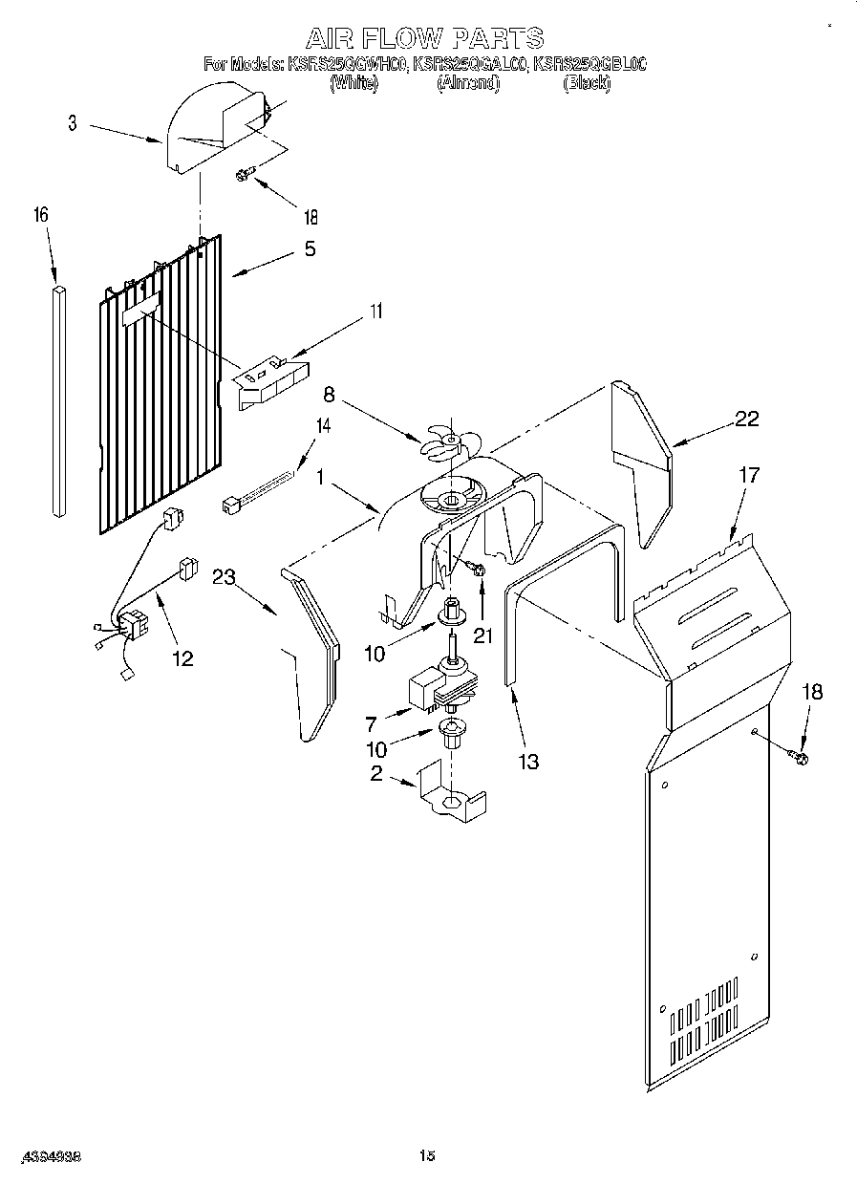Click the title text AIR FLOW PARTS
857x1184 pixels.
[x=424, y=39]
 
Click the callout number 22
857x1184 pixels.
[x=748, y=418]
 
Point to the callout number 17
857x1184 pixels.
[x=750, y=475]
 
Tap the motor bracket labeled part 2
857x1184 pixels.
[x=449, y=798]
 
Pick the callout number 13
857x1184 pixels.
[x=527, y=762]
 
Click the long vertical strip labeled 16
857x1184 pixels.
[x=60, y=401]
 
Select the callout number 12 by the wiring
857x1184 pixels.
[x=182, y=658]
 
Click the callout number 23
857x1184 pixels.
[x=225, y=576]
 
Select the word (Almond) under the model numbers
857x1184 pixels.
[x=468, y=84]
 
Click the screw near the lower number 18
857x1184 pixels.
[x=800, y=757]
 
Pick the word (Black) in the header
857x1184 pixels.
[x=587, y=84]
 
